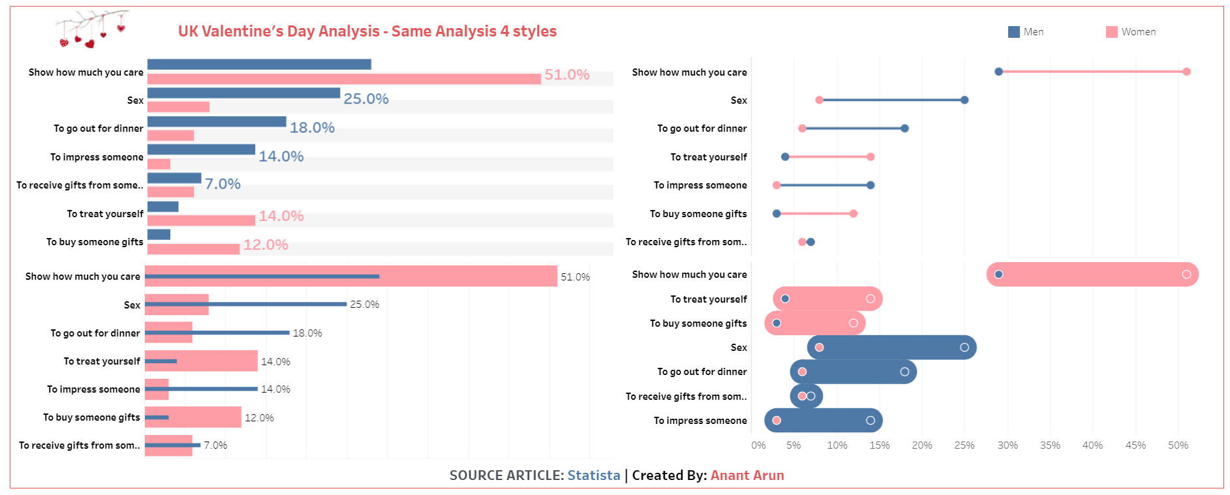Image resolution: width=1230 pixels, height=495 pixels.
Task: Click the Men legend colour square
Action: pos(1013,32)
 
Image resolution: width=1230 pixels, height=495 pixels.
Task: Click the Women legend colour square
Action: pos(1112,32)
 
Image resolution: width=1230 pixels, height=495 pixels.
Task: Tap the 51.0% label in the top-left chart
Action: pos(566,75)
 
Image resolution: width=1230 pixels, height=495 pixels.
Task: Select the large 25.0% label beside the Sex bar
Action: pos(365,98)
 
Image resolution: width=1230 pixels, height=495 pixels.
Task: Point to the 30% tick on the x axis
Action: pos(1007,445)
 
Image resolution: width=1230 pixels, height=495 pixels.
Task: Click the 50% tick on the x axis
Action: pos(1178,445)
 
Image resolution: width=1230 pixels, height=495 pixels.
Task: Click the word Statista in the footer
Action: pos(594,475)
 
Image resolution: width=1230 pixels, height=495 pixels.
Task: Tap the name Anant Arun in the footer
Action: pos(747,475)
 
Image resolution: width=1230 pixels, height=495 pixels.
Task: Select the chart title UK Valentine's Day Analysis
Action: pos(367,31)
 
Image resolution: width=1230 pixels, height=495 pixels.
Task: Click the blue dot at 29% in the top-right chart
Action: pos(998,72)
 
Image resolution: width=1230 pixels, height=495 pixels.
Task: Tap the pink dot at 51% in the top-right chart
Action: pos(1186,72)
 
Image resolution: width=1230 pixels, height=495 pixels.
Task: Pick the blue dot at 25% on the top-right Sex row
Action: pos(964,100)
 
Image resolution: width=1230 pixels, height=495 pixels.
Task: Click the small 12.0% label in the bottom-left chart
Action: pos(259,418)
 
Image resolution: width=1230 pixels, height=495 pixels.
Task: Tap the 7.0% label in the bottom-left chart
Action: pos(215,445)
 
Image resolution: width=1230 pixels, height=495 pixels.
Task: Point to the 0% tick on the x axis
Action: pos(758,445)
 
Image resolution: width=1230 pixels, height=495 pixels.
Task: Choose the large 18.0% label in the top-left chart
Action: pos(312,128)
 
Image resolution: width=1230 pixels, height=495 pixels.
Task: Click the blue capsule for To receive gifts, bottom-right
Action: pos(807,396)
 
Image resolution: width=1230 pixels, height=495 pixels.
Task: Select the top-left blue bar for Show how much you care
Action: pos(259,64)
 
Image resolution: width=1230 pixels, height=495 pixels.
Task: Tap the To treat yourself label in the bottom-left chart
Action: pos(102,361)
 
